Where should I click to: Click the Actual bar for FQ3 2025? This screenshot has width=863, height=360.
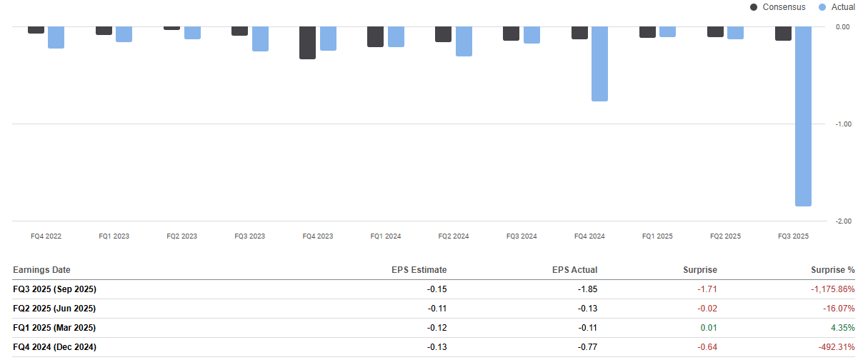(803, 116)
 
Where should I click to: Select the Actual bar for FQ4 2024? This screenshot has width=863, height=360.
(599, 64)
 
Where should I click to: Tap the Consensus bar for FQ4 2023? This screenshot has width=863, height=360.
(307, 43)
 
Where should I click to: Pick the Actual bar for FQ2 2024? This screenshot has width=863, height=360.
(464, 41)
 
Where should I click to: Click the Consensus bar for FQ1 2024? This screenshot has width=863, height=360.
(375, 36)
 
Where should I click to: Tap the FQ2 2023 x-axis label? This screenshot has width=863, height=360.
(181, 236)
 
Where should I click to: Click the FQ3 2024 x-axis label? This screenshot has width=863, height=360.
(522, 236)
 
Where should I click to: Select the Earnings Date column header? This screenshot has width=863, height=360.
(42, 270)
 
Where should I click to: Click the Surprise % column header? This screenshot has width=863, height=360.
(832, 270)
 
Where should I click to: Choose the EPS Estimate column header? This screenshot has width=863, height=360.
(419, 270)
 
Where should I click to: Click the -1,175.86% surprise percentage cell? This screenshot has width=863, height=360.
(832, 289)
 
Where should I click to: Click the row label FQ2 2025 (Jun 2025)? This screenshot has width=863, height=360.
(54, 309)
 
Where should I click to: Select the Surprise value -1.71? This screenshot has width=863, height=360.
(707, 289)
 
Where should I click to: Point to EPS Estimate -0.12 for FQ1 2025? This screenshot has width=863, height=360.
(436, 328)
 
